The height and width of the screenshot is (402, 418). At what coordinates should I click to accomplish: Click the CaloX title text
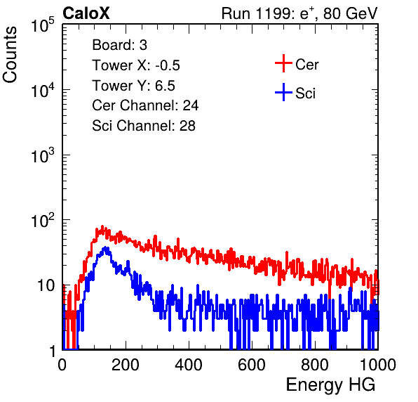click(86, 13)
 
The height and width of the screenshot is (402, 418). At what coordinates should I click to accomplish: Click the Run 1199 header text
click(299, 14)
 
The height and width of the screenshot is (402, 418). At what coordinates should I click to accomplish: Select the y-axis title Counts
click(10, 55)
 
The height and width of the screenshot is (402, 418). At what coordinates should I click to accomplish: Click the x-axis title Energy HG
click(330, 385)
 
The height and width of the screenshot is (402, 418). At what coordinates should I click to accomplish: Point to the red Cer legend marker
click(283, 63)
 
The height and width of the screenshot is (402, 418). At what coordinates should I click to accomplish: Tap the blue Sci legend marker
click(283, 92)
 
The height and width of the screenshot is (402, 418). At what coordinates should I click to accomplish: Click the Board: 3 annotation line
click(119, 45)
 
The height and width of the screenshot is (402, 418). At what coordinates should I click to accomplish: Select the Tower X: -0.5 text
click(136, 65)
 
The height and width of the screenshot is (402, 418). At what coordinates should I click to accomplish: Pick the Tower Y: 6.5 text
click(133, 86)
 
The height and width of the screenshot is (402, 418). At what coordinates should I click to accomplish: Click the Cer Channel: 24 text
click(145, 105)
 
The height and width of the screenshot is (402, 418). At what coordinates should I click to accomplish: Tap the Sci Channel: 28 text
click(144, 126)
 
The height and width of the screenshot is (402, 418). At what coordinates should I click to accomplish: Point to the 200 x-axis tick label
click(126, 365)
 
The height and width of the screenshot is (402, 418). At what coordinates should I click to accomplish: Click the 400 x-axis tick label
click(189, 365)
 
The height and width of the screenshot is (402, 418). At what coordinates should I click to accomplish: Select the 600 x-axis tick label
click(252, 365)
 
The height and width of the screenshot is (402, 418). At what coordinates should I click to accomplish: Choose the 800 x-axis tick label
click(315, 365)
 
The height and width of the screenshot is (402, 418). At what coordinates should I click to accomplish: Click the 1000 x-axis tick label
click(378, 365)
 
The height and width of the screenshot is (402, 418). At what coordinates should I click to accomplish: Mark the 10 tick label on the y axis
click(46, 286)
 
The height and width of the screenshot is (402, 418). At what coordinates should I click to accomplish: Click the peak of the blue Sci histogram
click(106, 247)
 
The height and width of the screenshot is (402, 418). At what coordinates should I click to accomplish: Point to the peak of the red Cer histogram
click(102, 226)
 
